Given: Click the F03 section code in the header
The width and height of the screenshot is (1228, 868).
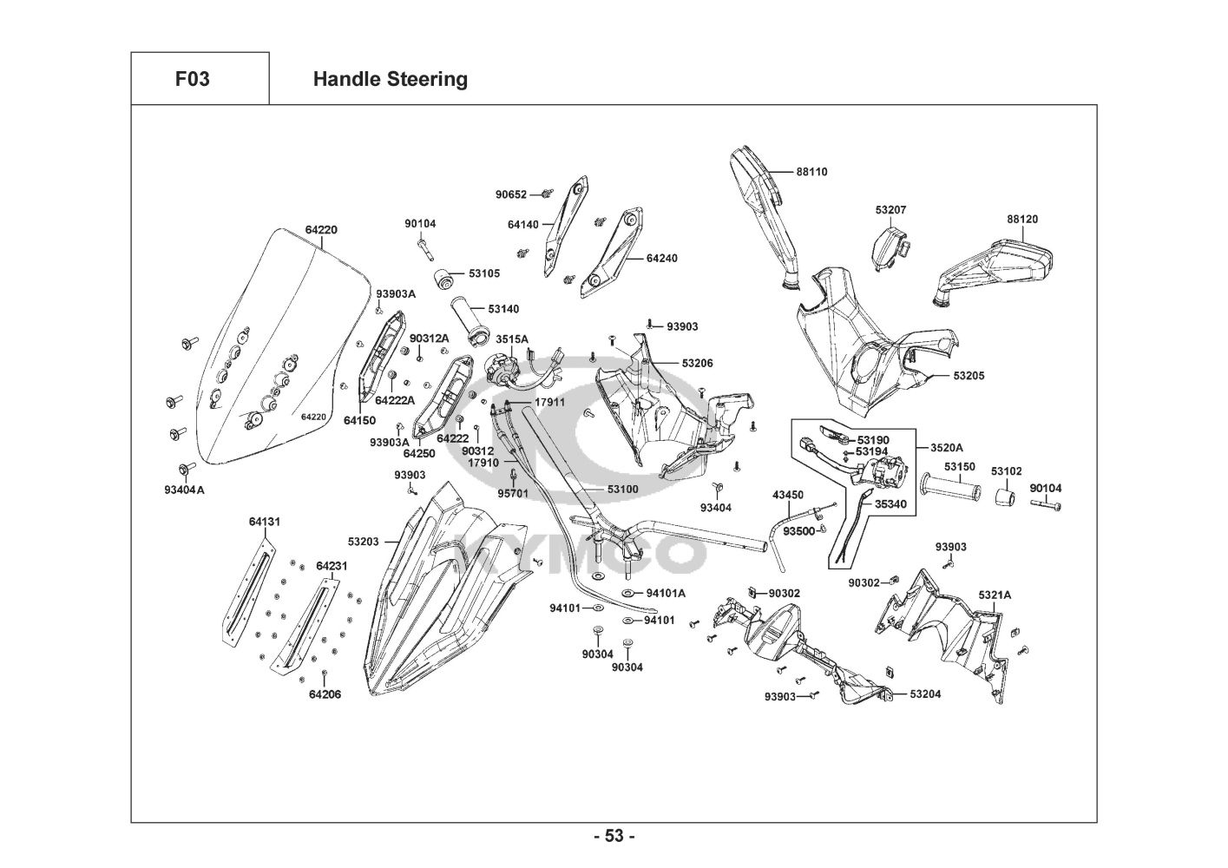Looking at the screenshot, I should (x=192, y=79).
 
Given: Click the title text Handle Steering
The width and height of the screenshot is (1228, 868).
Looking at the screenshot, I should (x=390, y=79).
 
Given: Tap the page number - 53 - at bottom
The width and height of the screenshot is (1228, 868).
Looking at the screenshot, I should (x=614, y=836).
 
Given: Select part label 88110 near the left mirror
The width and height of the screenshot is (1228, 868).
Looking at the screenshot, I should (x=812, y=172).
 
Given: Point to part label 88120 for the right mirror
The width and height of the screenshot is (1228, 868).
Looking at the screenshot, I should (x=1022, y=220).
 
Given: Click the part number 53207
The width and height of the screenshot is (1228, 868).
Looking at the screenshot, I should (x=890, y=210).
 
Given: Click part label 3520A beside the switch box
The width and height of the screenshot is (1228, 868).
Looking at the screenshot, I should (x=947, y=448).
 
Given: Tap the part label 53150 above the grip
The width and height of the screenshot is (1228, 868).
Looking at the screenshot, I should (x=960, y=467).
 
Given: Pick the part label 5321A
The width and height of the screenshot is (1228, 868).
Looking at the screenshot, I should (x=995, y=595).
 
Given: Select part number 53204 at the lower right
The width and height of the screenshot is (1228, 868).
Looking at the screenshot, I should (x=925, y=694).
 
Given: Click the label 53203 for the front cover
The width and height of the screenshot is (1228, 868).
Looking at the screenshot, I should (x=364, y=542).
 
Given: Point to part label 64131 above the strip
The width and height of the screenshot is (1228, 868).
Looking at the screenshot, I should (x=265, y=522).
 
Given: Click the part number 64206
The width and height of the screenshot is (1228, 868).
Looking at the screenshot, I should (x=325, y=694).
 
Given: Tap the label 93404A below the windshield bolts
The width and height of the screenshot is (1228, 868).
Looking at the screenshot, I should (x=184, y=490).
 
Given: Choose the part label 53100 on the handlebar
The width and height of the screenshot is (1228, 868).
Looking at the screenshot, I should (x=622, y=490).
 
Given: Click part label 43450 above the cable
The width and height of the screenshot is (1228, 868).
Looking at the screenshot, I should (x=788, y=495).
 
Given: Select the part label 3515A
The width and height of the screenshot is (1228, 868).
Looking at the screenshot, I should (x=512, y=339).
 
